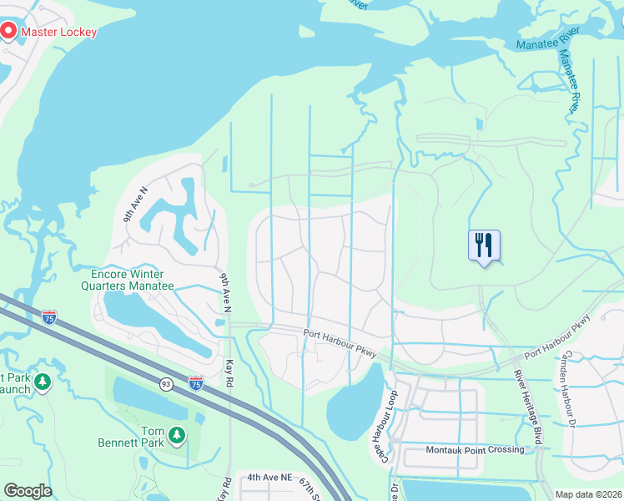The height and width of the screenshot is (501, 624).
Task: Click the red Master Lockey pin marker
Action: pos(9,32)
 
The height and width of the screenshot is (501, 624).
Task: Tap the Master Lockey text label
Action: pos(58,33)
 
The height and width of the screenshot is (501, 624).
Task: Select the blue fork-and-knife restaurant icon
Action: pos(484,245)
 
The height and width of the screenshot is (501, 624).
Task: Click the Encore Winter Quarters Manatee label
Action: pos(133,280)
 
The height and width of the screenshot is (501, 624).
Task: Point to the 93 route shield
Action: pos(167,382)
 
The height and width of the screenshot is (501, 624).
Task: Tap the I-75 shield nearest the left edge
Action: pos(50,316)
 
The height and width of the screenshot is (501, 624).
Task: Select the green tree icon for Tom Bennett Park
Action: pos(176,434)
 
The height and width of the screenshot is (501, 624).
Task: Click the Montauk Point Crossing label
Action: pos(475,450)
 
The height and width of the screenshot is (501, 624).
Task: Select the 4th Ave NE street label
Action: pos(269,478)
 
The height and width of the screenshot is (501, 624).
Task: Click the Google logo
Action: pos(28,490)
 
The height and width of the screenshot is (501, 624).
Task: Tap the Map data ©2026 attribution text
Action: pos(588,494)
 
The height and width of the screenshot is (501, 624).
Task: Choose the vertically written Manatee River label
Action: pos(569,80)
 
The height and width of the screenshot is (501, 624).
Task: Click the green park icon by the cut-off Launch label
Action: pos(42,382)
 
